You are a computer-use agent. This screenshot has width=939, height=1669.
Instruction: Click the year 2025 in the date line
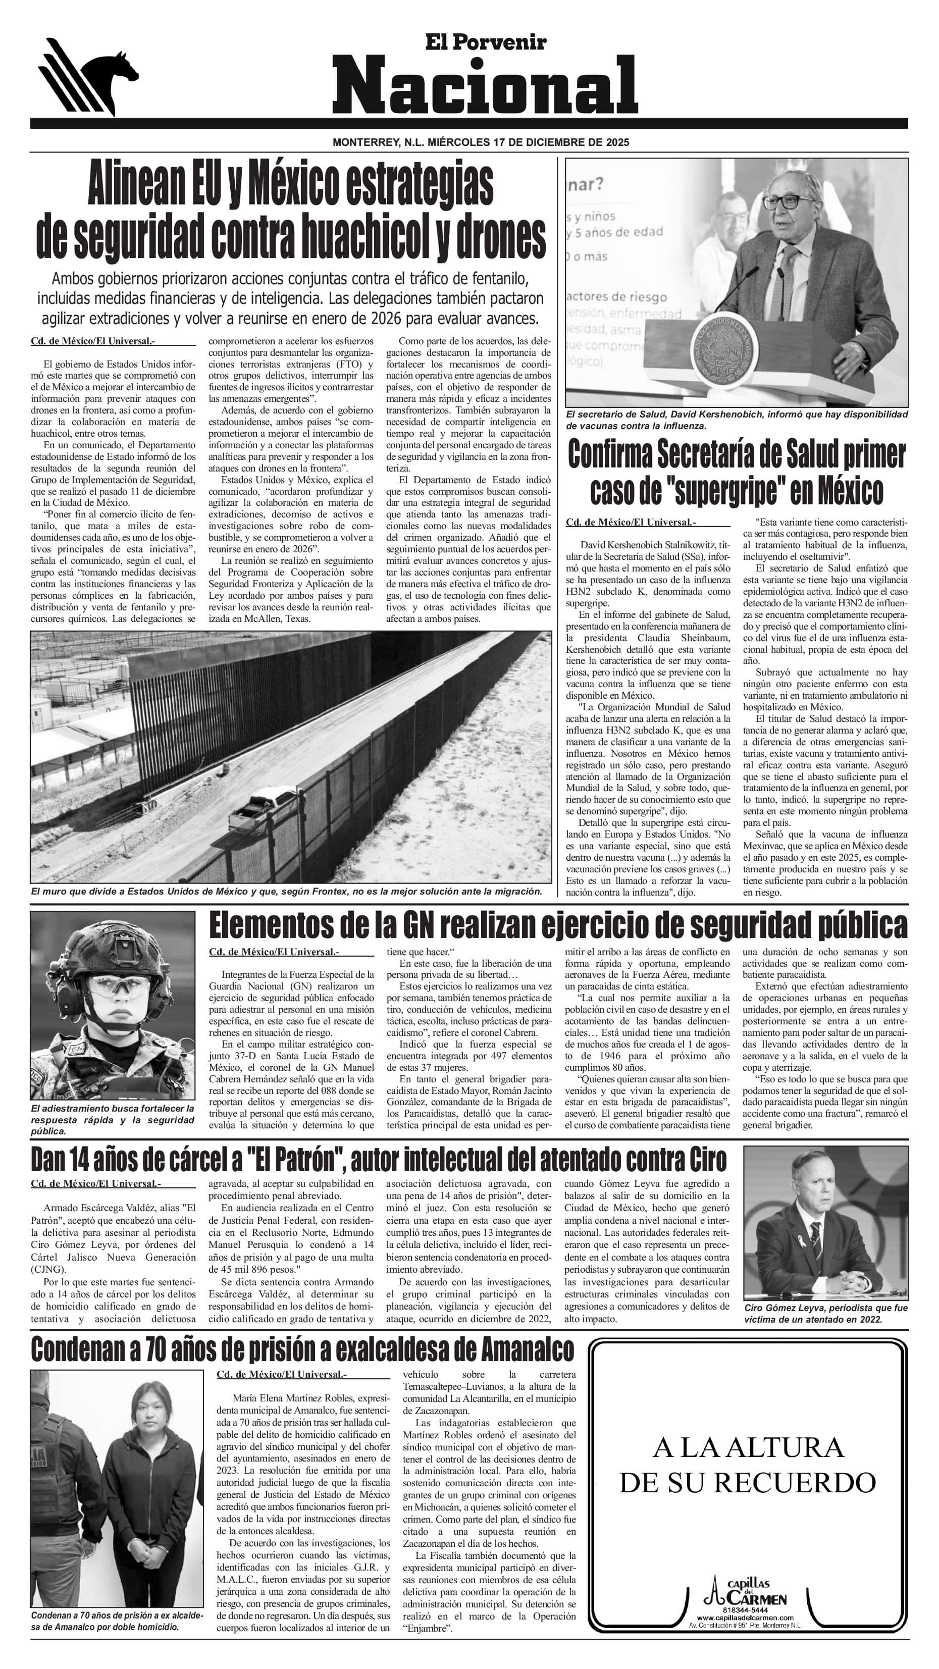pos(614,142)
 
